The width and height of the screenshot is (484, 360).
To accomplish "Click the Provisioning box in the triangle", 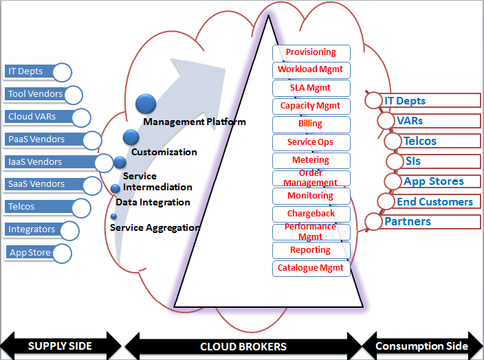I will point(311,52).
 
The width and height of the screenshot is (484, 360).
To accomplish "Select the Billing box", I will point(311,124).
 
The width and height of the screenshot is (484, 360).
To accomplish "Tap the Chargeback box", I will point(311,214).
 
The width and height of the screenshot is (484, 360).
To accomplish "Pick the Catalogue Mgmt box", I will point(311,268).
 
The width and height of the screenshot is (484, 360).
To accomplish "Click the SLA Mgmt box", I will point(311,88).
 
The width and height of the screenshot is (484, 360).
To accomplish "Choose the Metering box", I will point(311,160).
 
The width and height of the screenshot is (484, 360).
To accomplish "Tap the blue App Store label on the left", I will point(30,253).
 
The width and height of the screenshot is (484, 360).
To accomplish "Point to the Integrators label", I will point(32,229).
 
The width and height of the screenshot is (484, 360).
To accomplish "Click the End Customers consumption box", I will point(435,202).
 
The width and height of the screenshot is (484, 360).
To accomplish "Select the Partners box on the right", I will point(426,221).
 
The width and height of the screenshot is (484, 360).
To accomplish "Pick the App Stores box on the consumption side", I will point(434,181).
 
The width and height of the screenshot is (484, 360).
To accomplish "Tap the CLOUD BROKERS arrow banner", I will point(243,346).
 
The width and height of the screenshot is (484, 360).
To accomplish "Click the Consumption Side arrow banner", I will point(421,346).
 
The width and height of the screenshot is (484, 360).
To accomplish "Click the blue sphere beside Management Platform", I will point(146,104).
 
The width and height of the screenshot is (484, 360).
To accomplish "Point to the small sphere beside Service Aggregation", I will point(113,216).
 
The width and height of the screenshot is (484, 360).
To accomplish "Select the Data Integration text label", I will point(153,203).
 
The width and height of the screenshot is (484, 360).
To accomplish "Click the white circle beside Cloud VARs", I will point(81,117).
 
